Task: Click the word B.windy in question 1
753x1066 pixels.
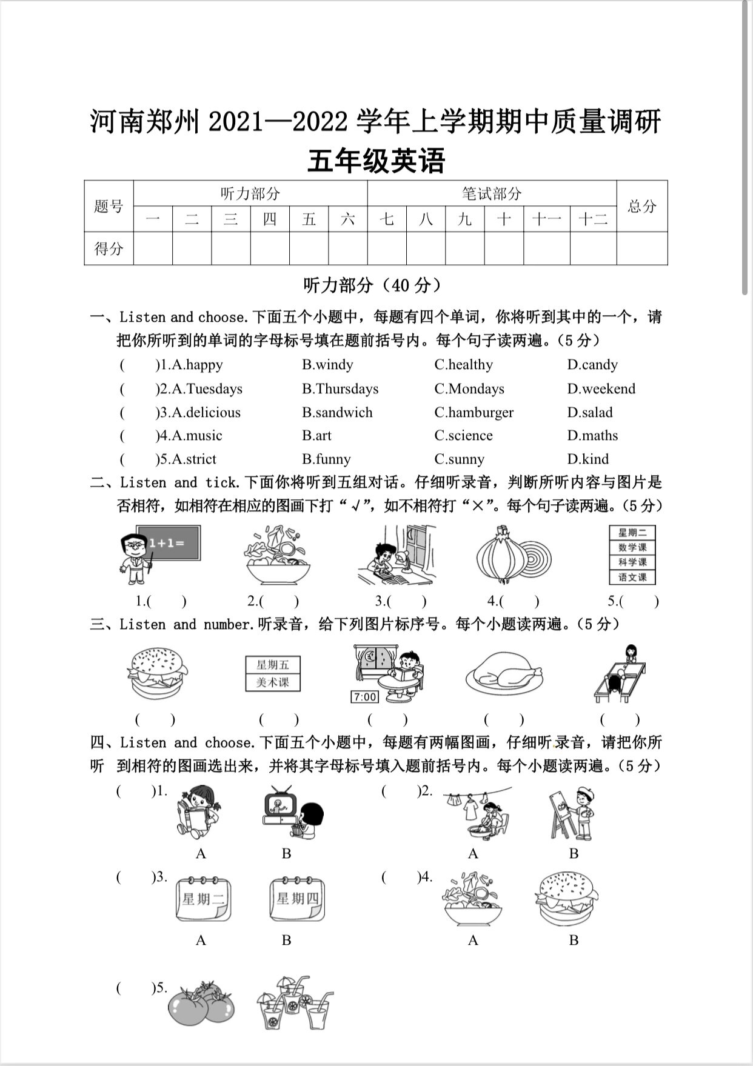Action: (327, 364)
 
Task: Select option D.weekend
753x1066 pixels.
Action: (601, 388)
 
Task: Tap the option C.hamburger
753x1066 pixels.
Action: (474, 412)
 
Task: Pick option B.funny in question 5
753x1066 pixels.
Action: (326, 459)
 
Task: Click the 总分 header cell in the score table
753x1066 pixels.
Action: (641, 206)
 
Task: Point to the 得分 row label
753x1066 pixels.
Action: (109, 248)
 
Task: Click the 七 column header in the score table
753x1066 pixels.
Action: (387, 218)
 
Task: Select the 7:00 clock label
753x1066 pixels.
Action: (364, 697)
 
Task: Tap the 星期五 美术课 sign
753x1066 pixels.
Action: (272, 673)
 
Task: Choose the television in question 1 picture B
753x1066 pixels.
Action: (279, 806)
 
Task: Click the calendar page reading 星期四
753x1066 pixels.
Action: (297, 899)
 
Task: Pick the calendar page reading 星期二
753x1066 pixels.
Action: (203, 899)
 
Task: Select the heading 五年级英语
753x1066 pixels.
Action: (376, 161)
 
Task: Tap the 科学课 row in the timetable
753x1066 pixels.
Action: (632, 562)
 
